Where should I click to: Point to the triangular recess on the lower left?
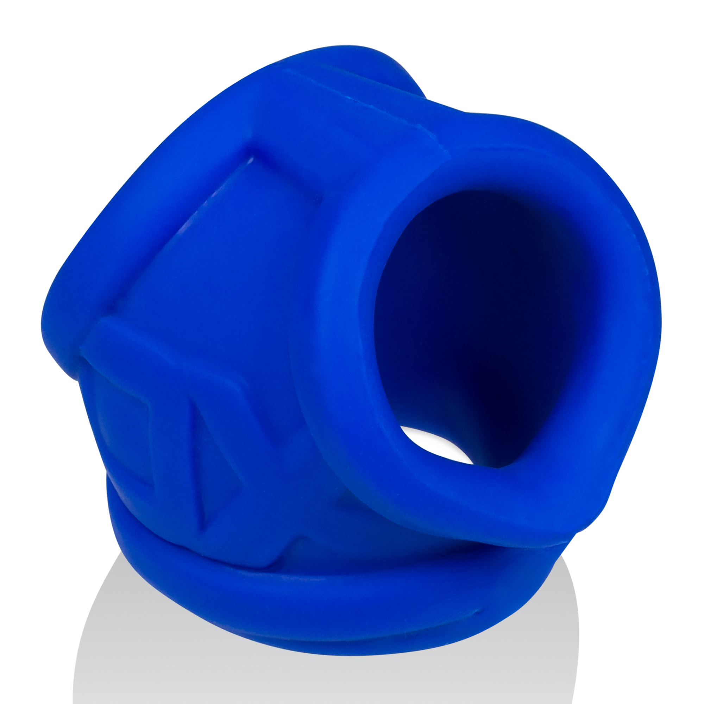(211, 455)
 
